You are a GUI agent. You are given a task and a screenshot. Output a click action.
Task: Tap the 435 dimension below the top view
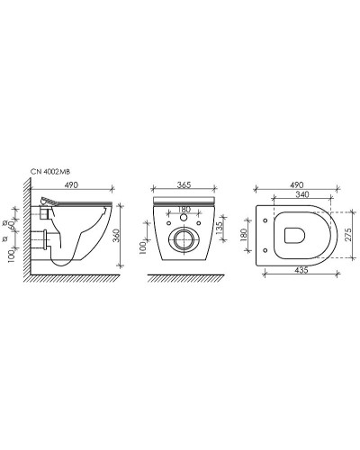coord(298,270)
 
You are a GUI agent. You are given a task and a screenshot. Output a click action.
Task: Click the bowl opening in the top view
coord(296,236)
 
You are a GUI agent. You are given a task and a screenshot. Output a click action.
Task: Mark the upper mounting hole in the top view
coord(269,220)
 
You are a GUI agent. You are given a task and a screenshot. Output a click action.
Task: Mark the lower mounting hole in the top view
coord(269,251)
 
